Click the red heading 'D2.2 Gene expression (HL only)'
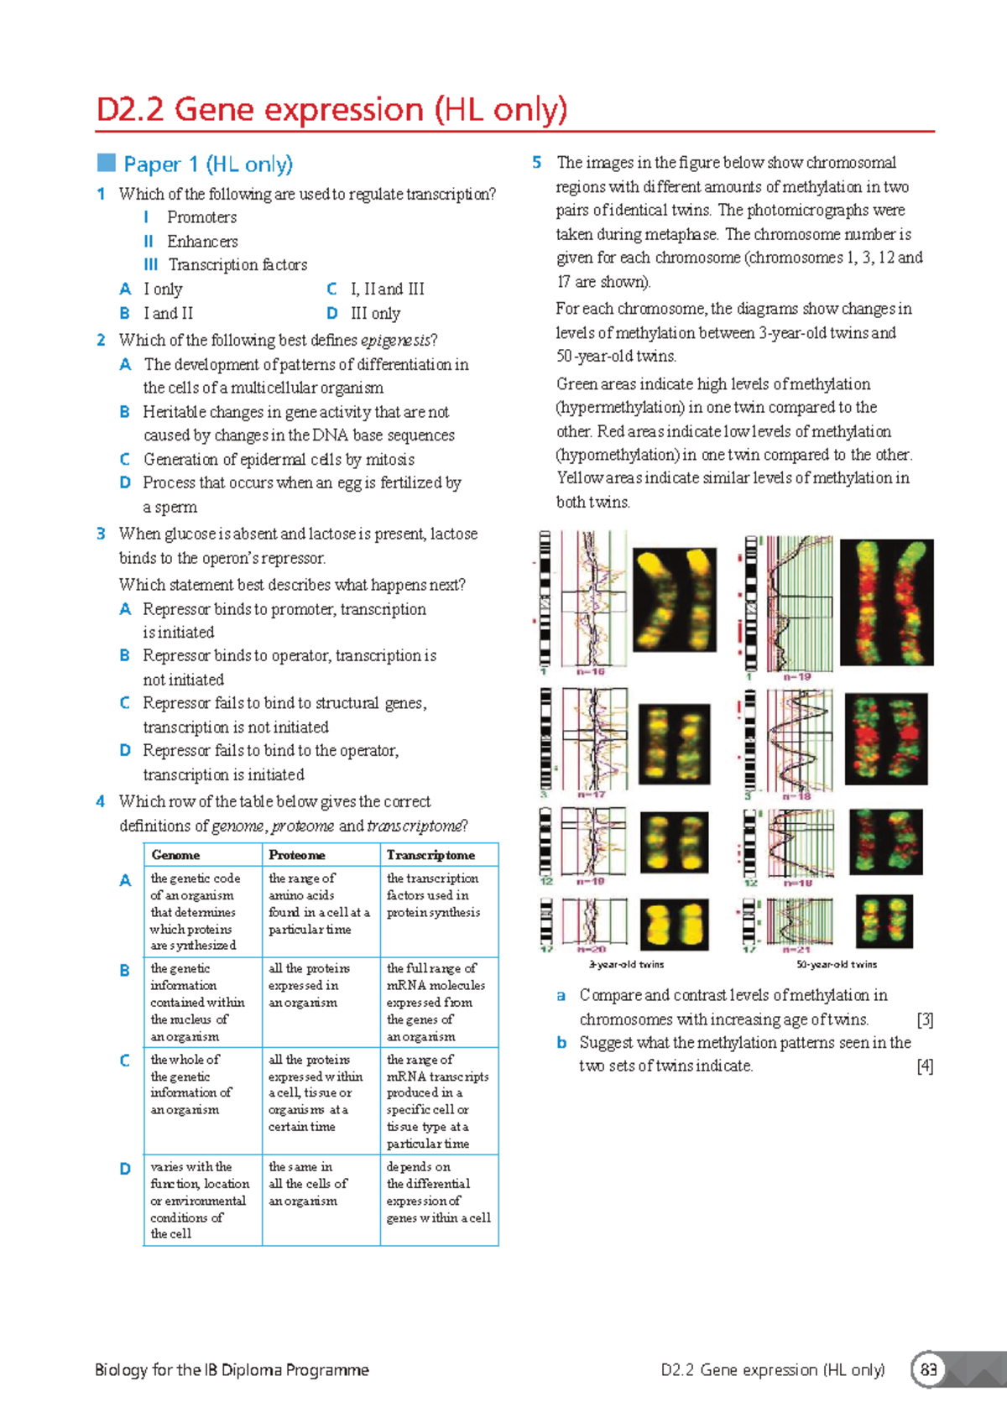click(331, 110)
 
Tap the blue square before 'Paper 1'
click(106, 163)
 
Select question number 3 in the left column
click(101, 534)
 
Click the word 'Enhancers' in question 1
click(202, 242)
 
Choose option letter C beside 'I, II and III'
click(331, 289)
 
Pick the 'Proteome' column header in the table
click(296, 855)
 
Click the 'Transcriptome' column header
click(430, 855)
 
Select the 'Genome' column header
click(175, 855)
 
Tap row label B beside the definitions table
click(125, 970)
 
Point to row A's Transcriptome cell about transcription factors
click(433, 895)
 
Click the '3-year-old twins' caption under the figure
click(627, 965)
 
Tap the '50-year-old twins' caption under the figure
click(837, 965)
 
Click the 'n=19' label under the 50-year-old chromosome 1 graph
click(797, 676)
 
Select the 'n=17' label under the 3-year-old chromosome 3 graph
click(591, 795)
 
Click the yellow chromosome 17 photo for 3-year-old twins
click(674, 925)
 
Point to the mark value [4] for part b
click(925, 1066)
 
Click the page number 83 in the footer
click(928, 1370)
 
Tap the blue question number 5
click(537, 163)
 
